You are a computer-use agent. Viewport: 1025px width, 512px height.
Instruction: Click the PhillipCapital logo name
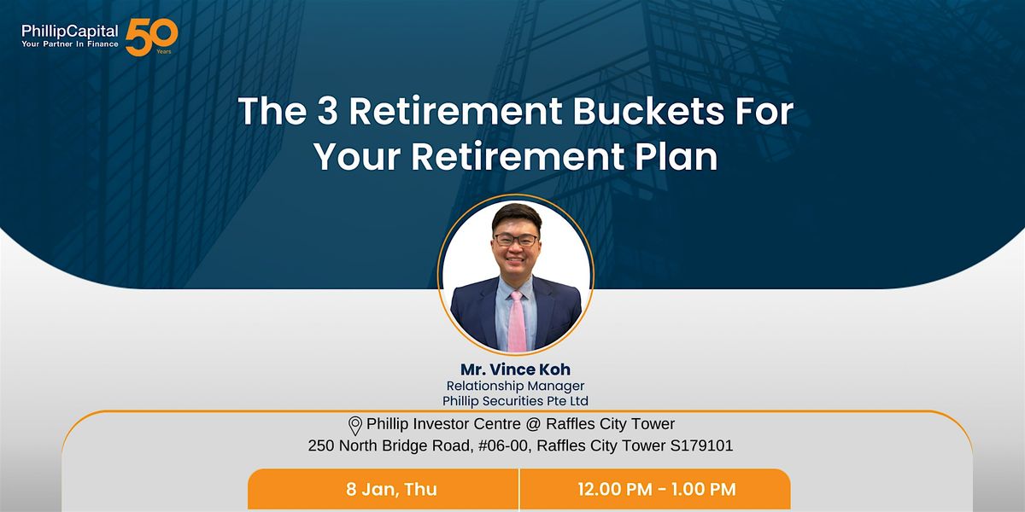coord(69,31)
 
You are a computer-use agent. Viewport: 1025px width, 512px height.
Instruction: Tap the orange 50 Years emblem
coord(151,37)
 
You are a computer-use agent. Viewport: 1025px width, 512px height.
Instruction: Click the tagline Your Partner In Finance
coord(69,44)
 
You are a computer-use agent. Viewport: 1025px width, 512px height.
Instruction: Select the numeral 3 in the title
coord(327,111)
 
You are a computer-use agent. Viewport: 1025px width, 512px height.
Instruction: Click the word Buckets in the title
coord(648,111)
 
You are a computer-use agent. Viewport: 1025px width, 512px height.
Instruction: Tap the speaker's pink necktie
coord(517,322)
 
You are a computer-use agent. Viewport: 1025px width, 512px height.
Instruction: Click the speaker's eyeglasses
coord(516,240)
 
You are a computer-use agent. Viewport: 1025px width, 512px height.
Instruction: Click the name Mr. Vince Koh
coord(515,369)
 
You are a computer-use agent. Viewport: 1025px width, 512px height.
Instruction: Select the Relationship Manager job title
coord(515,387)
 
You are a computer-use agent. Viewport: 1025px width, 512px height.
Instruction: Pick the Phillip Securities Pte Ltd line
coord(515,401)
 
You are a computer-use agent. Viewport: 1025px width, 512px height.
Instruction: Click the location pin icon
coord(355,426)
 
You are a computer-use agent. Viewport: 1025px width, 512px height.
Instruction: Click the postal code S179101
coord(701,445)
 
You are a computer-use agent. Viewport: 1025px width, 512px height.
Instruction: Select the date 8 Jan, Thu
coord(392,489)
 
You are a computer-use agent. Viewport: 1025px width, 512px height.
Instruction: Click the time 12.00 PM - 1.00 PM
coord(657,489)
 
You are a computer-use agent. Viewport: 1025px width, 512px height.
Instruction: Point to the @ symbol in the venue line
coord(533,424)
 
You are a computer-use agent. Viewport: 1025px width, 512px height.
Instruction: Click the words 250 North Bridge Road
coord(389,445)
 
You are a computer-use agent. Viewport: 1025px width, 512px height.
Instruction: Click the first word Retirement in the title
coord(455,111)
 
